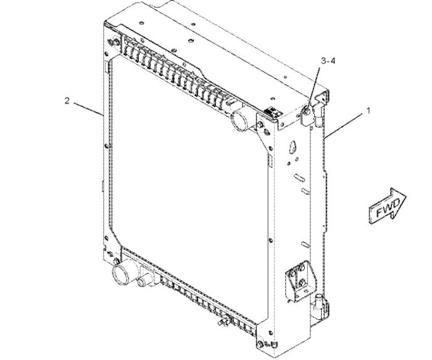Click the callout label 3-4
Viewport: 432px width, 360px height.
point(328,61)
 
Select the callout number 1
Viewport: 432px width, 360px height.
point(368,111)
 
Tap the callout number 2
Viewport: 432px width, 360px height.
point(67,101)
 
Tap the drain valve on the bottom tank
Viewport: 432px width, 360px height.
point(224,320)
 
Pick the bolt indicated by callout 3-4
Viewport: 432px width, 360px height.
point(307,112)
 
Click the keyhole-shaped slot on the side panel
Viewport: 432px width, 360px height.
point(293,147)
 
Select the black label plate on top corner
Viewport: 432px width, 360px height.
point(273,112)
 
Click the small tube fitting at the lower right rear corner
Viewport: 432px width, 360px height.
point(319,299)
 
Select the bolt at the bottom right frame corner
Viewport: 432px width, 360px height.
point(260,345)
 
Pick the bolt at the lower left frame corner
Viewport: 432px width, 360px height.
point(116,260)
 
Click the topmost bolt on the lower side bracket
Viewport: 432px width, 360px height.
point(302,267)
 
